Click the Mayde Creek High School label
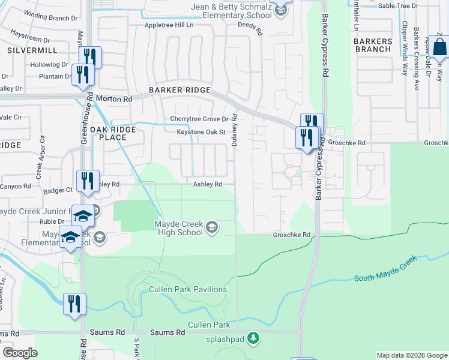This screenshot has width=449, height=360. point(178,229)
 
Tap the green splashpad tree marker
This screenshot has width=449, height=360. point(254,338)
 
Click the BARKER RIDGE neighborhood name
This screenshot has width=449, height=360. point(180,90)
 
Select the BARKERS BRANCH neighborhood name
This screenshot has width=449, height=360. point(373,45)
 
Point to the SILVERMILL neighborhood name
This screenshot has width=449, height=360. point(28,50)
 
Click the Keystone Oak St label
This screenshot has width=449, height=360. point(200,132)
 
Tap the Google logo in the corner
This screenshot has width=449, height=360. point(20,353)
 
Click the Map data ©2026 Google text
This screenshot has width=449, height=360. point(412,355)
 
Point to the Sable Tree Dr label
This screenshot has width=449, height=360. point(399,5)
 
